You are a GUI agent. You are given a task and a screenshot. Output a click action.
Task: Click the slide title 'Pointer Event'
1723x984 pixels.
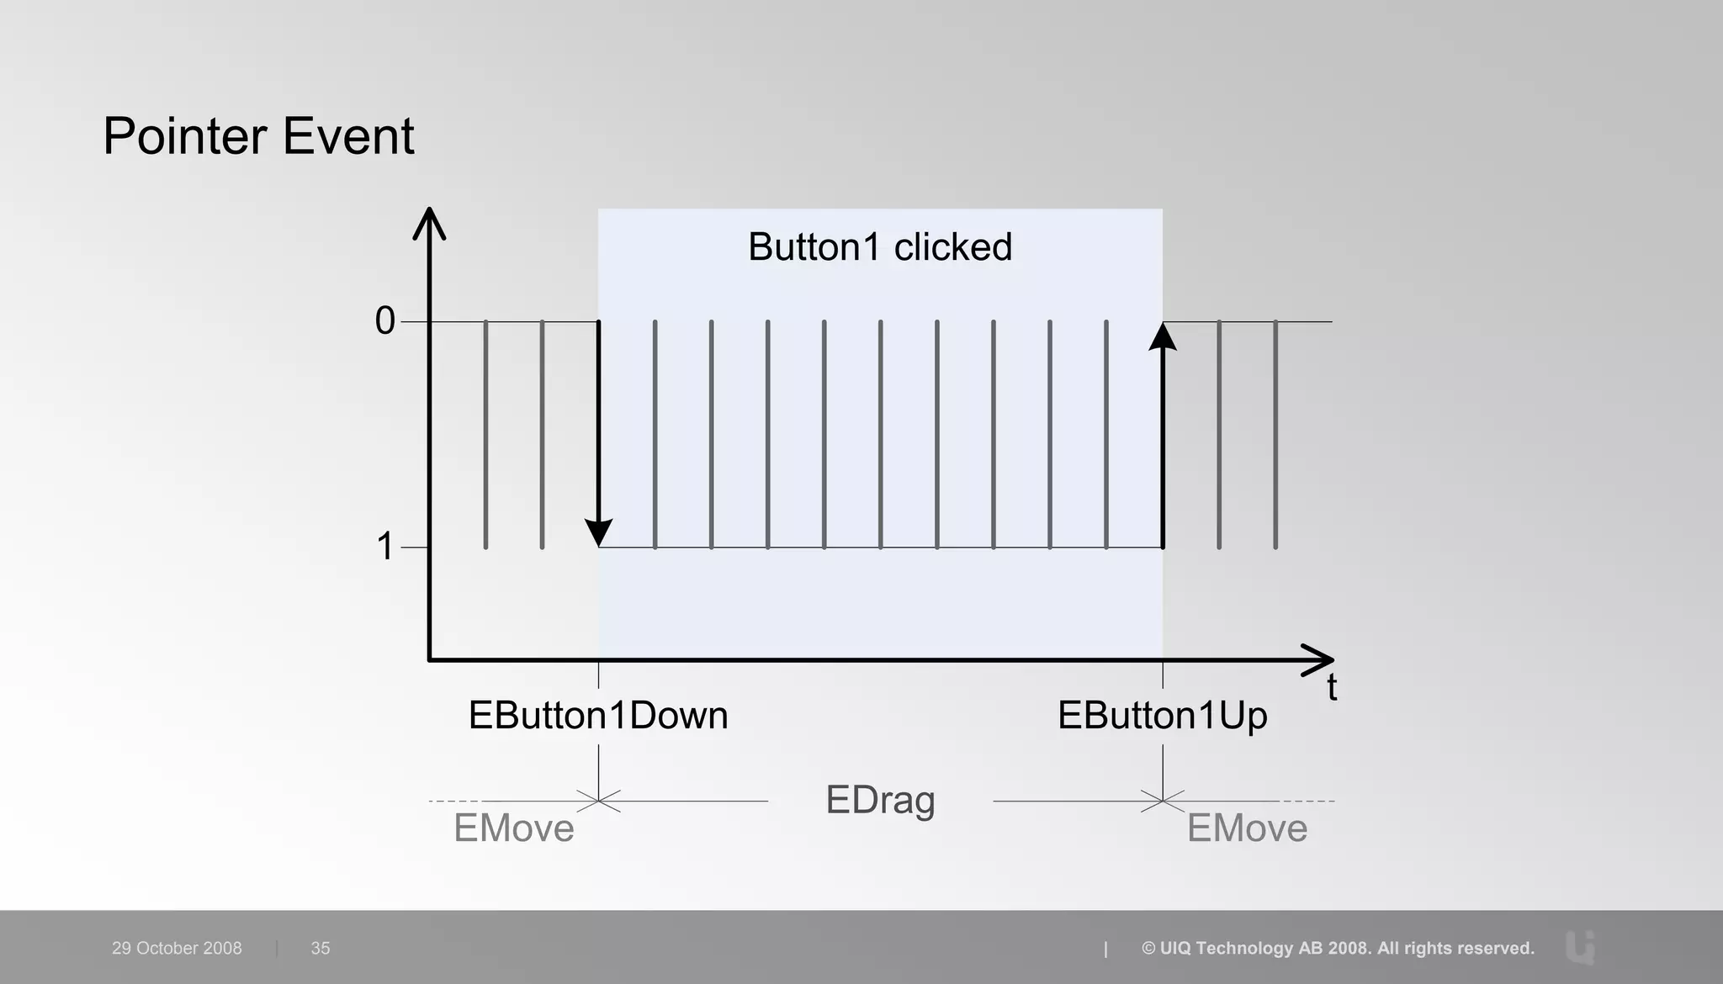click(258, 136)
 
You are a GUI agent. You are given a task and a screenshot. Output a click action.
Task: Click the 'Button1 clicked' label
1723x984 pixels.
click(880, 247)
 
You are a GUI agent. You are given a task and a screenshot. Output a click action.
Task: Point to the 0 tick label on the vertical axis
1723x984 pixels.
click(384, 320)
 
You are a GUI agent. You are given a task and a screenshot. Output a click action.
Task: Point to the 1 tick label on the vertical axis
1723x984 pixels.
click(384, 547)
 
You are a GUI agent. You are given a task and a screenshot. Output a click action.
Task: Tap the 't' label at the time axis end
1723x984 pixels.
click(1332, 688)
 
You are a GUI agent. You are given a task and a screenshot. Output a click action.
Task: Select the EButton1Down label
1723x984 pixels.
click(598, 716)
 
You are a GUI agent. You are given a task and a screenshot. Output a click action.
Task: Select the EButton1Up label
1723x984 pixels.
click(1162, 716)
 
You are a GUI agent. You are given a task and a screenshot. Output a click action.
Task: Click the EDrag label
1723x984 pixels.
click(880, 800)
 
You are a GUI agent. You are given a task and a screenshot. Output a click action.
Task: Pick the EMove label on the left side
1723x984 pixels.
click(514, 828)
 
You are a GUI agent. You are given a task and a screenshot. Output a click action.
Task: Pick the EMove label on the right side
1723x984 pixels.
click(1247, 828)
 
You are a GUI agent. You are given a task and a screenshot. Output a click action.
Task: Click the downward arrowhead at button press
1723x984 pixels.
click(598, 532)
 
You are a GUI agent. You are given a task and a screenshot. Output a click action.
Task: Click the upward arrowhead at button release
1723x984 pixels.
click(1163, 337)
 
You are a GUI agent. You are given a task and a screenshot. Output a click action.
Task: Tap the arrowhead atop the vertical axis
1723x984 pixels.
click(429, 223)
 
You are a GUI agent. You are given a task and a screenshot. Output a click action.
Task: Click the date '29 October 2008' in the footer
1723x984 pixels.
click(177, 948)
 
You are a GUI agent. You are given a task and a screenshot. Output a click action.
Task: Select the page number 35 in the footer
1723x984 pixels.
click(321, 948)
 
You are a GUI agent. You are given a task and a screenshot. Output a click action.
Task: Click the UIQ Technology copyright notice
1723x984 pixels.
click(1338, 948)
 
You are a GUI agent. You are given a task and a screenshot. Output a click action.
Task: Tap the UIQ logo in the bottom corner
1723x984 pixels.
click(1581, 947)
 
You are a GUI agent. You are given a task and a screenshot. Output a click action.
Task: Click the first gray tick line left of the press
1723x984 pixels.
click(485, 434)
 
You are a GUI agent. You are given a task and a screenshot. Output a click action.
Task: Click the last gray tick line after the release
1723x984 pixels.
click(1275, 434)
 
